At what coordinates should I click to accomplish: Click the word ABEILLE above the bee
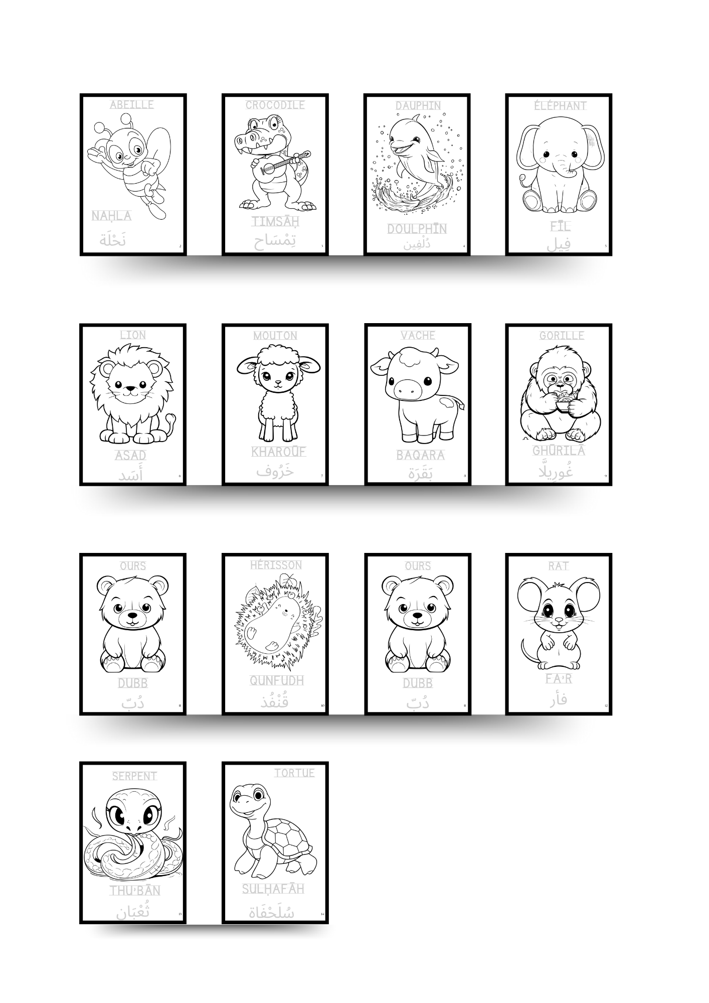tap(132, 104)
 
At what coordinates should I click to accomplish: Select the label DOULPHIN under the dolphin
tap(417, 229)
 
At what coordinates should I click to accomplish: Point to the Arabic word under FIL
tap(559, 244)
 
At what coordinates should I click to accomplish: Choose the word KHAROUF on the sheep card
tap(278, 452)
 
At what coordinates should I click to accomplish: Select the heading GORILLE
tap(562, 335)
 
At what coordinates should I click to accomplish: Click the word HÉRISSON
tap(276, 565)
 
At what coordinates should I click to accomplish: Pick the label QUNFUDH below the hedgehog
tap(277, 680)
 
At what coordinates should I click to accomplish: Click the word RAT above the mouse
tap(558, 566)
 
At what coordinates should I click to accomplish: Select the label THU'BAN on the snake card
tap(135, 891)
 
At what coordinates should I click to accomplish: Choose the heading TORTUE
tap(294, 773)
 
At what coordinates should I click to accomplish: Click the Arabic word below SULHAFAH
tap(271, 912)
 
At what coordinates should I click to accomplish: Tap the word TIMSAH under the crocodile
tap(275, 221)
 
